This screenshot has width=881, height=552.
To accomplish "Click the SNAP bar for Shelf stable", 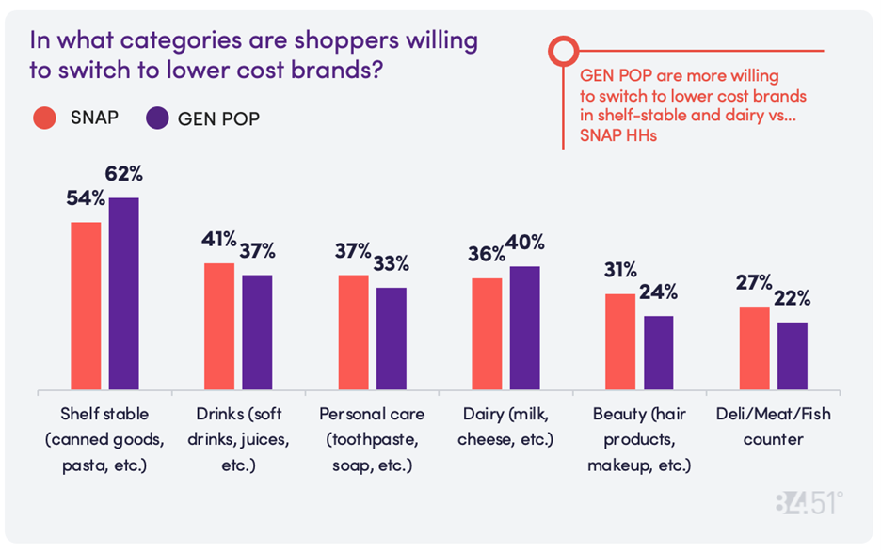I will [x=86, y=306].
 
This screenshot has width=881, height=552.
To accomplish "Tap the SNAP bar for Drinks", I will [x=219, y=326].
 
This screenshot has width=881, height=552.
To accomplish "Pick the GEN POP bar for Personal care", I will [x=392, y=339].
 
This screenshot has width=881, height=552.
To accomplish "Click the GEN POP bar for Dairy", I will [x=524, y=328].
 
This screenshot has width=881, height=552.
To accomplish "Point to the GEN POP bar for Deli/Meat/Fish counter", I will [x=792, y=356].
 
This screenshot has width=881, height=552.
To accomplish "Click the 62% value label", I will [x=125, y=175].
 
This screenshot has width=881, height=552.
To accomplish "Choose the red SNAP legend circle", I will [x=45, y=118].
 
